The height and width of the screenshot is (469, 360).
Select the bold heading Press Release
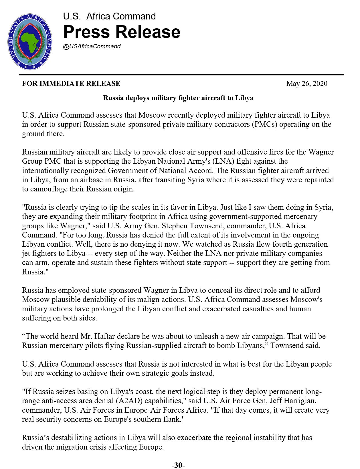[122, 32]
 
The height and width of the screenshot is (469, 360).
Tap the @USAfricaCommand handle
[92, 46]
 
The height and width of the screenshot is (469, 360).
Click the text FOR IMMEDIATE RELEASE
[71, 84]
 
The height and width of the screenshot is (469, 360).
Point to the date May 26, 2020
[307, 84]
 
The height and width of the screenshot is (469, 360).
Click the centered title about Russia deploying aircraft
[178, 98]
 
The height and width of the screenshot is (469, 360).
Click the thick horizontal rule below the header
[181, 75]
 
